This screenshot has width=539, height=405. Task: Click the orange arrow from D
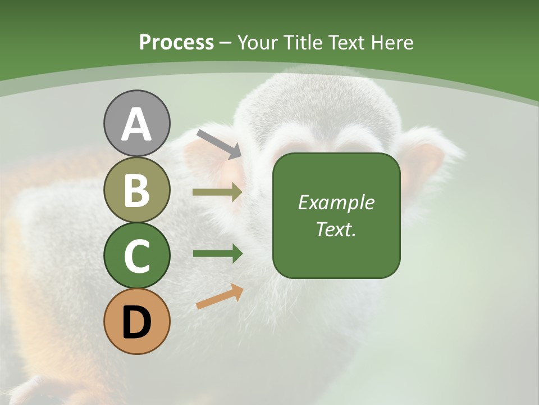click(220, 296)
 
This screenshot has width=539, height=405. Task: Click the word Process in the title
click(176, 42)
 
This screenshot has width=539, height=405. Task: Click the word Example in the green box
click(336, 202)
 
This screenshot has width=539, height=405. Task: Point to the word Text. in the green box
click(336, 229)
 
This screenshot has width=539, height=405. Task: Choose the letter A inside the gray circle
click(136, 125)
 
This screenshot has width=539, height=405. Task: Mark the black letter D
click(136, 323)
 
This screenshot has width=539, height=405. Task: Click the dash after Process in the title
click(225, 43)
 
